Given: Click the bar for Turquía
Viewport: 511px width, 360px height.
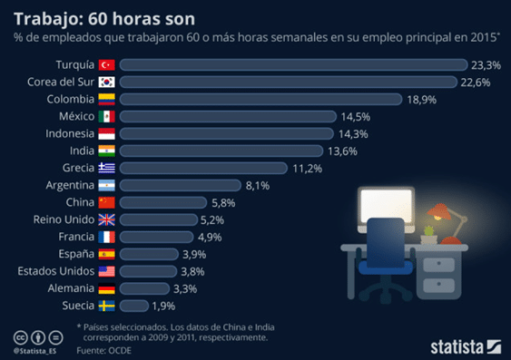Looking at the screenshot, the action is (x=294, y=64).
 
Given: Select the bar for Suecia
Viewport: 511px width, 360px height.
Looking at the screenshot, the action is (x=134, y=306).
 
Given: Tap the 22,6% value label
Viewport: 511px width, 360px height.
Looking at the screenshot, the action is (x=476, y=83).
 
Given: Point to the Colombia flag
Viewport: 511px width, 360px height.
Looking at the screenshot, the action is (x=106, y=99).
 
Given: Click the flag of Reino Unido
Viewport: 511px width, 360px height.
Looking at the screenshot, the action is (x=106, y=219).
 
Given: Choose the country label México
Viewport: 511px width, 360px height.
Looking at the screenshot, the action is (x=76, y=116).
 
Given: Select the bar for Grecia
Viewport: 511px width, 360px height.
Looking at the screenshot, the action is (x=203, y=168).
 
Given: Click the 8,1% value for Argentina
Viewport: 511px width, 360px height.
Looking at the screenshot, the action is (x=258, y=186).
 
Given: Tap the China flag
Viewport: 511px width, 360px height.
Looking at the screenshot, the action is (x=106, y=202).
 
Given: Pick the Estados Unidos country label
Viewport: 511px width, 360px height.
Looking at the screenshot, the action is (x=56, y=271).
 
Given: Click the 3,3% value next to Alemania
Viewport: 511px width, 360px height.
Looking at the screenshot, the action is (x=185, y=288).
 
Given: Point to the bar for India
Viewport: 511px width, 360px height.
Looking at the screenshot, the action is (x=221, y=151).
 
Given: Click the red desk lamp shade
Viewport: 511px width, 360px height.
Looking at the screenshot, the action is (x=438, y=210).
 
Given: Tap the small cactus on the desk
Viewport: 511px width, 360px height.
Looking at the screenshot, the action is (x=429, y=231).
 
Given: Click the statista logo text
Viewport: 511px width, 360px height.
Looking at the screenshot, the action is (x=457, y=347).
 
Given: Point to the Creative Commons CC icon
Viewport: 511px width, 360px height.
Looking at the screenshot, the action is (x=20, y=337).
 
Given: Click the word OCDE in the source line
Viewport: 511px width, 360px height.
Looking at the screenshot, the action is (x=120, y=351).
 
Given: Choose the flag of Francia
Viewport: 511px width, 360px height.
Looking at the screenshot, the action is (x=106, y=237).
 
